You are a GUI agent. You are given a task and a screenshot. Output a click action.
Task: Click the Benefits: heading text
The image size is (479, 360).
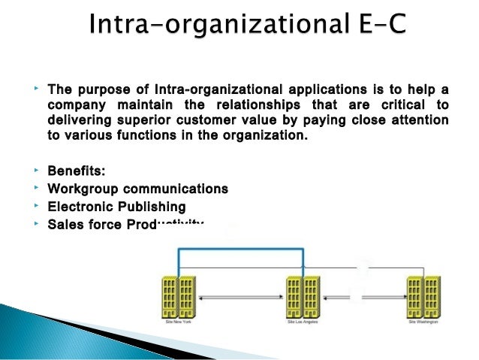coord(76,172)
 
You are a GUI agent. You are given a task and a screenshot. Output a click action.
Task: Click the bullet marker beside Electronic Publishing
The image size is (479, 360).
coord(36,204)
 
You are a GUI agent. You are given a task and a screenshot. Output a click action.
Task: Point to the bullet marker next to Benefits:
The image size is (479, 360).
coord(36,171)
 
